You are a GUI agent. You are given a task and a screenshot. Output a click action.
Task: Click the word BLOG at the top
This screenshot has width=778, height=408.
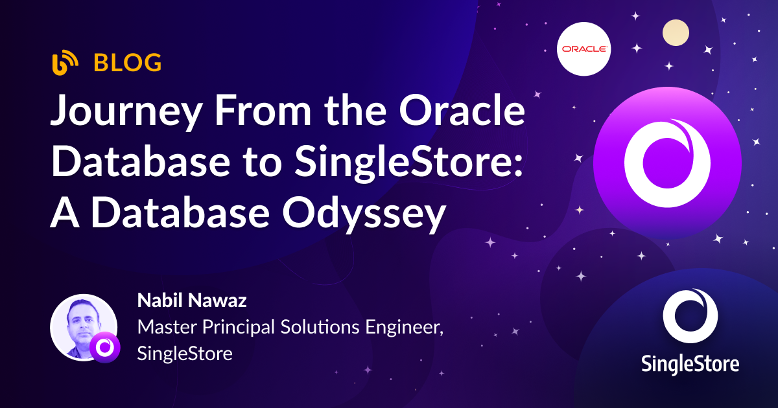tap(128, 63)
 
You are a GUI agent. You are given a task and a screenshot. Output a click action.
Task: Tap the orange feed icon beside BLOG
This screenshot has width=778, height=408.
tap(65, 63)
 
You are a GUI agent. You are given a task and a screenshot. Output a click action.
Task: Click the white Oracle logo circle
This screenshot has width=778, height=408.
tap(584, 49)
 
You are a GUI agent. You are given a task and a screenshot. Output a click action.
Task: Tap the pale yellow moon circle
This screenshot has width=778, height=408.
tap(675, 32)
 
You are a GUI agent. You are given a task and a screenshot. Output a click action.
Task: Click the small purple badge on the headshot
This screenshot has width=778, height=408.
tap(104, 348)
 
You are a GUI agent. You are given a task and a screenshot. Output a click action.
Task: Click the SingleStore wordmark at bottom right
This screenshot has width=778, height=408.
tap(690, 363)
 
